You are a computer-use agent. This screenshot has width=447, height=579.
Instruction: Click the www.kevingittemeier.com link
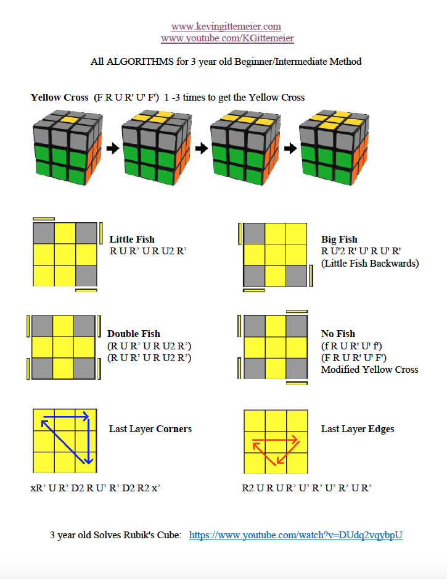tap(226, 27)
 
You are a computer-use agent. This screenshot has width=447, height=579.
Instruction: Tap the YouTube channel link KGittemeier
tap(227, 38)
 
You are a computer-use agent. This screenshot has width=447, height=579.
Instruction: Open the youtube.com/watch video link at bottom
tap(295, 535)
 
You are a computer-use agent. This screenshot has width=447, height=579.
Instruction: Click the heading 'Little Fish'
tap(132, 240)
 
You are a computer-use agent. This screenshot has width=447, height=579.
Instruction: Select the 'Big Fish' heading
tap(339, 240)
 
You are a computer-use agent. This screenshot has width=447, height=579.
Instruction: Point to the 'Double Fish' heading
tap(133, 334)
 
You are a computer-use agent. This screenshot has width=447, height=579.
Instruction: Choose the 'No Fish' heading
tap(338, 334)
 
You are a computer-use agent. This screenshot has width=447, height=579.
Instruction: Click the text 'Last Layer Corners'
tap(150, 429)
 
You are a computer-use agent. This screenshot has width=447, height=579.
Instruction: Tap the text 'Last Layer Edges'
tap(358, 429)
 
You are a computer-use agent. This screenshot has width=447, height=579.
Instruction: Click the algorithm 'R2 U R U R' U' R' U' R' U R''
tap(306, 488)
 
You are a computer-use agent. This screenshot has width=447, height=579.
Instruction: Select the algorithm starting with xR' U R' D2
tap(96, 488)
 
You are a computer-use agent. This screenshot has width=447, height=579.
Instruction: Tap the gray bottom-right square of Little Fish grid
tap(85, 275)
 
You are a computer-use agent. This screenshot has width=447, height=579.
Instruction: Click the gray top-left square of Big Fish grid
tap(255, 233)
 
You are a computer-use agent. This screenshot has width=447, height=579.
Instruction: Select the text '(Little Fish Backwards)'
tap(370, 264)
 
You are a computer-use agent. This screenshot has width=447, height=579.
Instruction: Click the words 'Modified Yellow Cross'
tap(369, 370)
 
